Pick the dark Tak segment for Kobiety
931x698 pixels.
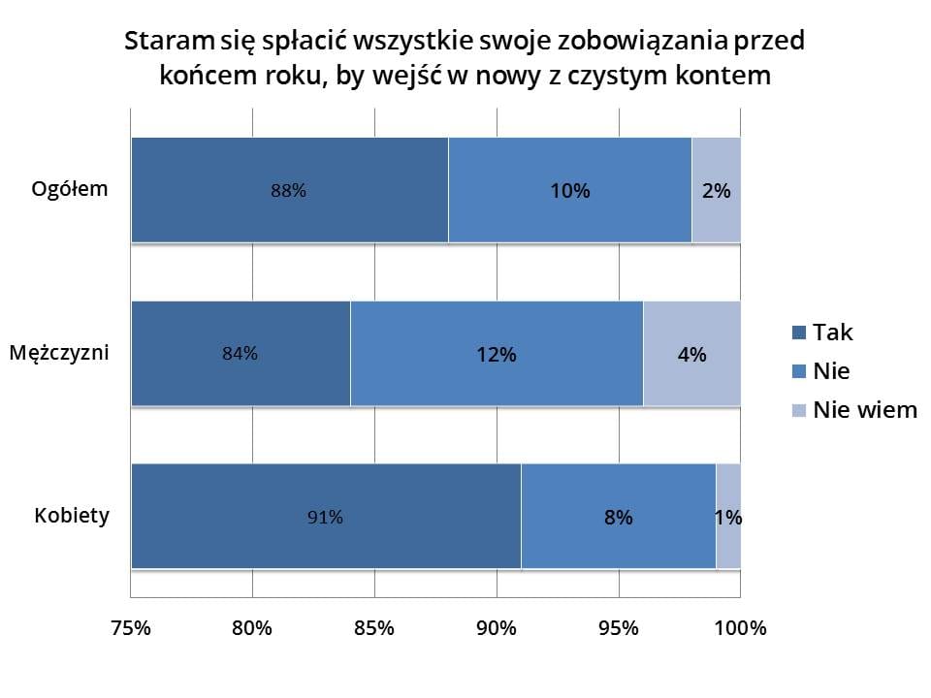(x=242, y=516)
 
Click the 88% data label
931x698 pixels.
(x=289, y=191)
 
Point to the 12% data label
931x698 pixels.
(x=497, y=355)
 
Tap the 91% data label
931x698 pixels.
(x=325, y=518)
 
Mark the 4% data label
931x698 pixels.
(x=691, y=355)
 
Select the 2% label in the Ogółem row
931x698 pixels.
(x=716, y=191)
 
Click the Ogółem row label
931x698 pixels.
(x=70, y=188)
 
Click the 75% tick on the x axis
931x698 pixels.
(x=131, y=627)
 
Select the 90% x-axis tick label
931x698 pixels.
(x=497, y=627)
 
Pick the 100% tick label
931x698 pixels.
(x=740, y=627)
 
